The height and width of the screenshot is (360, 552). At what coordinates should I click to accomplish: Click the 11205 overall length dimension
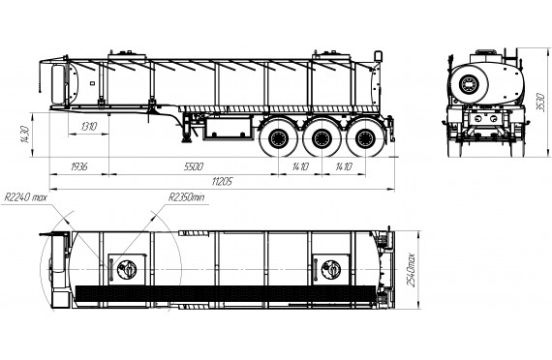(x=222, y=182)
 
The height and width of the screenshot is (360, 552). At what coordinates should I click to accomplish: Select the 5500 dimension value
(x=194, y=166)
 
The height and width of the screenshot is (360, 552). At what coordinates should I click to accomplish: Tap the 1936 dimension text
(x=79, y=166)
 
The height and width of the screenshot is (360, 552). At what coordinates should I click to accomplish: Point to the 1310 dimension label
(x=89, y=127)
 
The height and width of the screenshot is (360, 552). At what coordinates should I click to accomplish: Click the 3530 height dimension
(x=540, y=103)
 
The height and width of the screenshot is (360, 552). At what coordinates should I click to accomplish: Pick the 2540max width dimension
(x=411, y=270)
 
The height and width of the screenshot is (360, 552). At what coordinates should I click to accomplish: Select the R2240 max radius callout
(x=25, y=197)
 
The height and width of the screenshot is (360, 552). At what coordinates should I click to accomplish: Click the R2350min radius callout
(x=186, y=197)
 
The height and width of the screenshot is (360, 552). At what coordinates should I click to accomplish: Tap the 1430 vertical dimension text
(x=24, y=135)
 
